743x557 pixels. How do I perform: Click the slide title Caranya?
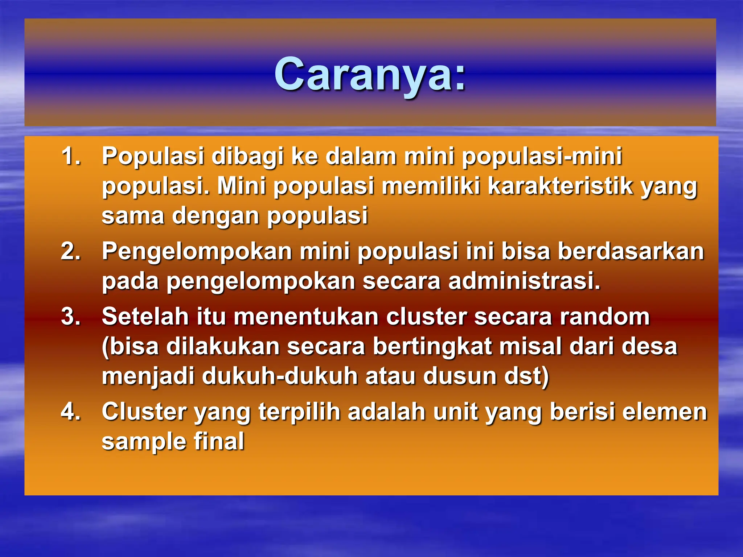tap(370, 75)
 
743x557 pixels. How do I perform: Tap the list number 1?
tap(71, 156)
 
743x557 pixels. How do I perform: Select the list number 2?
tap(71, 251)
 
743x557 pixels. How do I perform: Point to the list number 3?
tap(71, 316)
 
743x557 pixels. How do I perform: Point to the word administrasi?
tap(524, 281)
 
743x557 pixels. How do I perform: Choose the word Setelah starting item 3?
tap(145, 316)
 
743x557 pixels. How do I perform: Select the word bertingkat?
tap(432, 346)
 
